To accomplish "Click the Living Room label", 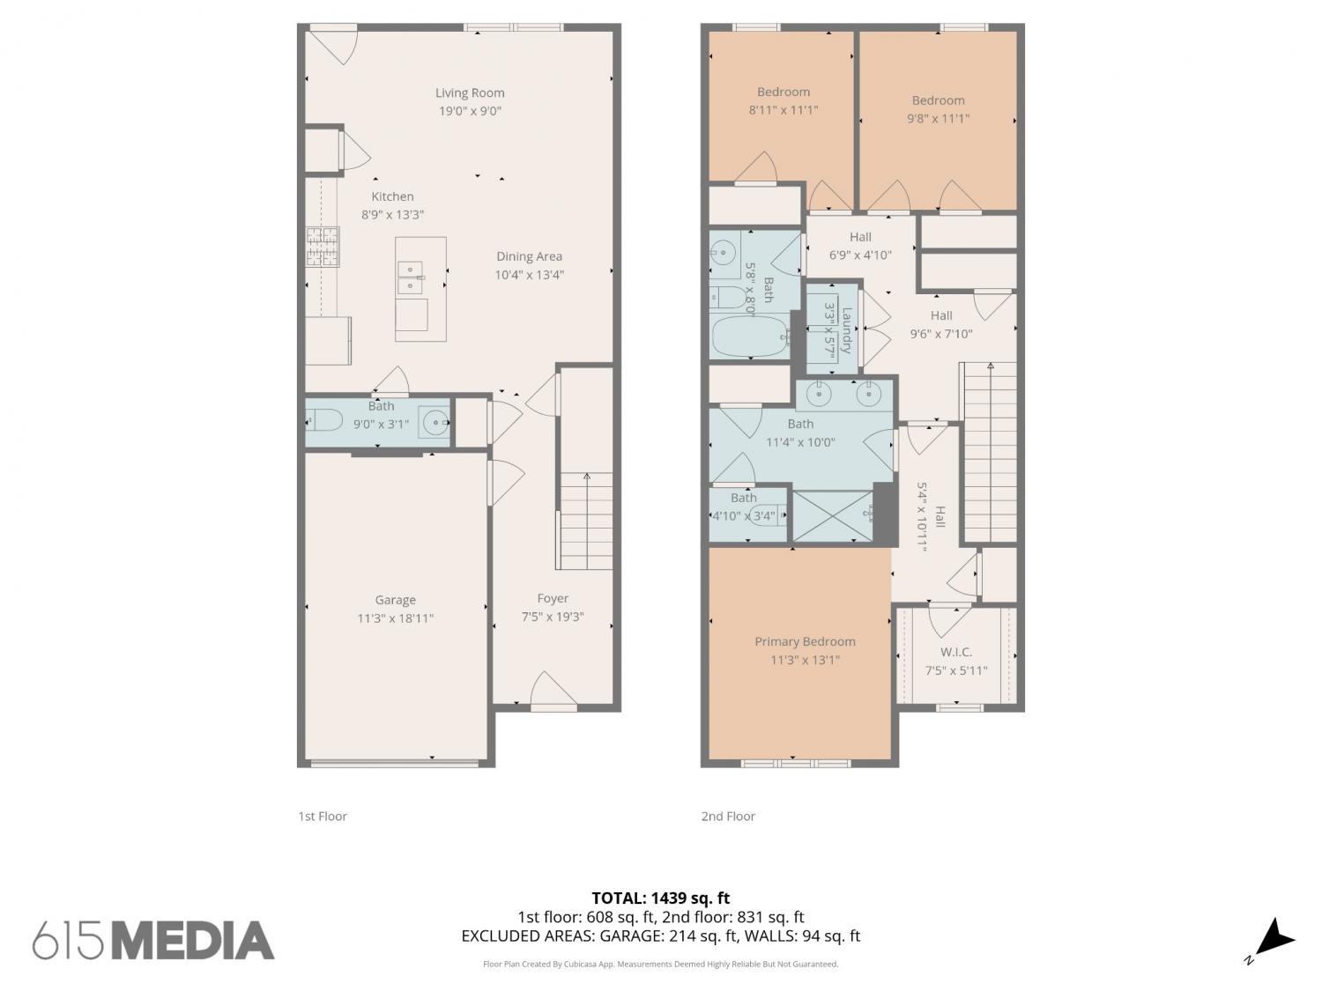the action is [x=470, y=92].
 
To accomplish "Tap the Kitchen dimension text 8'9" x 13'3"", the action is [x=393, y=215].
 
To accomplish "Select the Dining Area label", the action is [x=529, y=256].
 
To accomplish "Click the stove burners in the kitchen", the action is [x=323, y=247].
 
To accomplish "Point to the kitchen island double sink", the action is [x=411, y=277].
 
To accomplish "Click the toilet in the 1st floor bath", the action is [x=324, y=419].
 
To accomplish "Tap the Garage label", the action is [x=395, y=600].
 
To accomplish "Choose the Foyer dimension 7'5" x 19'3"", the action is [x=553, y=617].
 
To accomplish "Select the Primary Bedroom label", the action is [x=805, y=641].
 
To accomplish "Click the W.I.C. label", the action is [x=956, y=652].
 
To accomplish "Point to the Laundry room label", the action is [x=846, y=330].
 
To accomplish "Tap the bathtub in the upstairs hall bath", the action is [x=750, y=336].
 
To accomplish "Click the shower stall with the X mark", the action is [x=832, y=515].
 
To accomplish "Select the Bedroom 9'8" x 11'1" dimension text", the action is [x=938, y=119].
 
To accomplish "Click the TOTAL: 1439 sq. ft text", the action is [x=661, y=899].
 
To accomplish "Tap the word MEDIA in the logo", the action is [x=193, y=941].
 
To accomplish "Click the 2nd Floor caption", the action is [x=728, y=816].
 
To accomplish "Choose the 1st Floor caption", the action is [x=323, y=816].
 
